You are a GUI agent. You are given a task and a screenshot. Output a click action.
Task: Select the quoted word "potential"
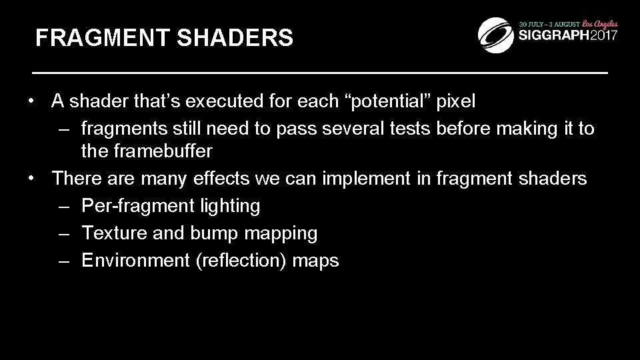(389, 102)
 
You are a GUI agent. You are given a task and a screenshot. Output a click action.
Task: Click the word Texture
(110, 233)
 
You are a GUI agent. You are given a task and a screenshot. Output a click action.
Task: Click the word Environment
(136, 260)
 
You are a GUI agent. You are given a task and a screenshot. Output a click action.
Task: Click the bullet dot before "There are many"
(31, 179)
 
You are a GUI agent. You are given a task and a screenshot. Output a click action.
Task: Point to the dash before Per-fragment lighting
(64, 206)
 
